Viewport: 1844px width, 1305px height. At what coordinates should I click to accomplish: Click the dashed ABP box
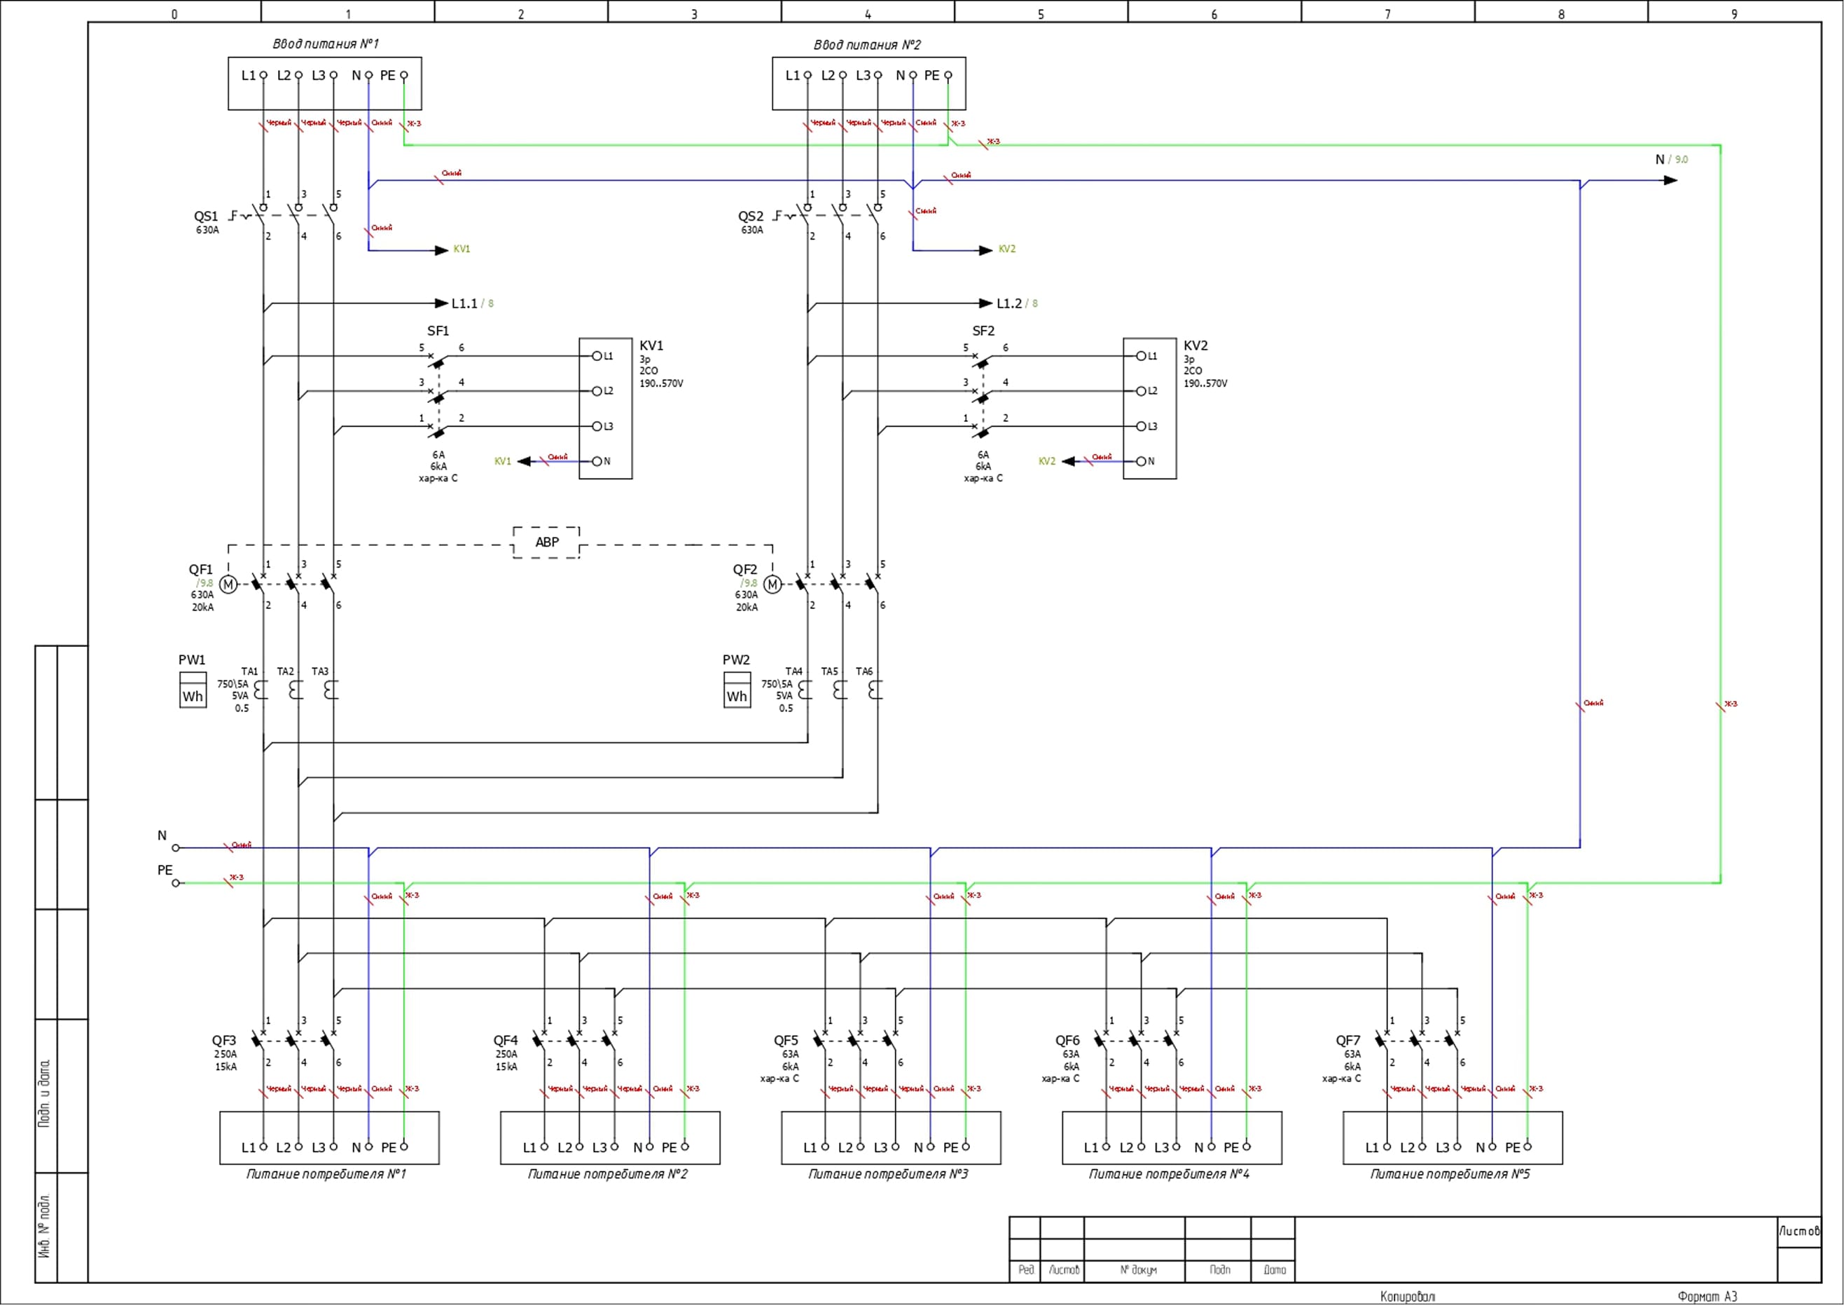point(546,542)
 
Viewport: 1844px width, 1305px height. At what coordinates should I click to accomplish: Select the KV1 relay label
point(651,346)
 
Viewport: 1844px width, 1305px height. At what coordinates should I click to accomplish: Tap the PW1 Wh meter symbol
point(193,690)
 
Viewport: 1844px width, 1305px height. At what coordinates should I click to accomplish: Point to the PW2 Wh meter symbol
point(737,690)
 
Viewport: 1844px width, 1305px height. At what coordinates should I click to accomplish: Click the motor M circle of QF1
point(228,585)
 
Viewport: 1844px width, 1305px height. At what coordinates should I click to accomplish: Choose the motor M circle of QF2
point(772,585)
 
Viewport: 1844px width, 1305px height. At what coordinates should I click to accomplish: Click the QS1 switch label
point(206,216)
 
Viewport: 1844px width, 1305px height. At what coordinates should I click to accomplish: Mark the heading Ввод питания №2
point(868,45)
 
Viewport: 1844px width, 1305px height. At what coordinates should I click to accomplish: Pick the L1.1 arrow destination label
point(464,303)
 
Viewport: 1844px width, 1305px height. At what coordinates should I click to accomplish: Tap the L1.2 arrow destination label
point(1008,303)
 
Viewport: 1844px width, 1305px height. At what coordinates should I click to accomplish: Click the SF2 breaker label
point(983,331)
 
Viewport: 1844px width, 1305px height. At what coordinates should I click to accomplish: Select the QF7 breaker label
point(1348,1041)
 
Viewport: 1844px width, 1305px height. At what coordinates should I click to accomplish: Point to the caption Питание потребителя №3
point(888,1174)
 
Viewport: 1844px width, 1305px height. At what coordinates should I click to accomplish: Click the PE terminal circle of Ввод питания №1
point(404,76)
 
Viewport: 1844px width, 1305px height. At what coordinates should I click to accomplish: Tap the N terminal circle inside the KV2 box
point(1140,461)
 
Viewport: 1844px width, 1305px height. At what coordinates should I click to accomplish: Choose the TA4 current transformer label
point(793,672)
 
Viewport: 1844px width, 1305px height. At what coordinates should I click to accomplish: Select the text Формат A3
point(1707,1296)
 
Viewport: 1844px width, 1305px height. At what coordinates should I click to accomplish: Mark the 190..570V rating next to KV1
point(661,384)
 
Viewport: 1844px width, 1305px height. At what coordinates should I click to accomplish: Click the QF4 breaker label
point(505,1041)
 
